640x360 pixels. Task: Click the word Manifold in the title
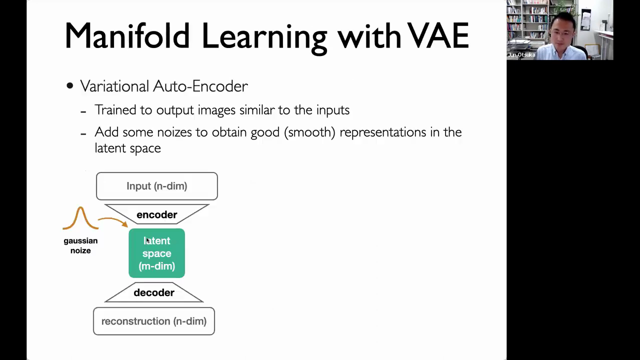click(127, 35)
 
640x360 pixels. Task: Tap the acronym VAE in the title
click(437, 35)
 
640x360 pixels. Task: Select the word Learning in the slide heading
click(264, 38)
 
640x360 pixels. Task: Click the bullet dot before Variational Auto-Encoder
click(69, 85)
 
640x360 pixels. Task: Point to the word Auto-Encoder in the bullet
click(200, 86)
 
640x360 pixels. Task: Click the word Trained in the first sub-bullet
click(115, 109)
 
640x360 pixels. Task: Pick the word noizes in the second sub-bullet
click(174, 132)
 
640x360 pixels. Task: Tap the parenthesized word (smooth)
click(309, 132)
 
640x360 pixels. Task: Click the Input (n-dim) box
click(157, 186)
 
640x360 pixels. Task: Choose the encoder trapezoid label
click(157, 214)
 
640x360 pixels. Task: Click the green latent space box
click(157, 253)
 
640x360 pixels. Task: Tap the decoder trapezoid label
click(154, 292)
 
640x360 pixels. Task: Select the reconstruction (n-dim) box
click(154, 321)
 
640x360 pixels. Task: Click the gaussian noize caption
click(80, 245)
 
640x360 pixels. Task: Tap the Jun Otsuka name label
click(521, 55)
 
